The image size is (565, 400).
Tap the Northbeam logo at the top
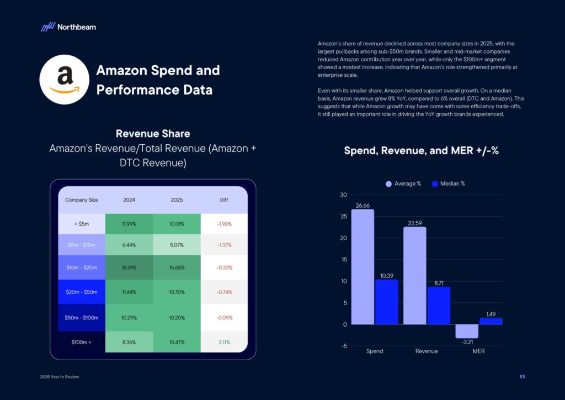pyautogui.click(x=68, y=27)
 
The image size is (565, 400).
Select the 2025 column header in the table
pyautogui.click(x=177, y=199)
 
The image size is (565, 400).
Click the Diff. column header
pyautogui.click(x=224, y=199)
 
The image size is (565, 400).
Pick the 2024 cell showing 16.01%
pyautogui.click(x=129, y=267)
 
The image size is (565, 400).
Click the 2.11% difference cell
pyautogui.click(x=224, y=343)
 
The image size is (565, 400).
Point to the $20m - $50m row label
pyautogui.click(x=82, y=292)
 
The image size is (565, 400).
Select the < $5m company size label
pyautogui.click(x=82, y=224)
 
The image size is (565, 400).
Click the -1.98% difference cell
pyautogui.click(x=224, y=224)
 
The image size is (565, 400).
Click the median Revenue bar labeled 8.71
pyautogui.click(x=439, y=305)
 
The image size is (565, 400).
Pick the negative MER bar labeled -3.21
pyautogui.click(x=467, y=331)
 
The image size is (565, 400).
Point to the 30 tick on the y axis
pyautogui.click(x=343, y=195)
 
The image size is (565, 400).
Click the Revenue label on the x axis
pyautogui.click(x=426, y=351)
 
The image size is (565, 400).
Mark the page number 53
pyautogui.click(x=522, y=377)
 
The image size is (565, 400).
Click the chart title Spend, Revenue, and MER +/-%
pyautogui.click(x=421, y=150)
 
